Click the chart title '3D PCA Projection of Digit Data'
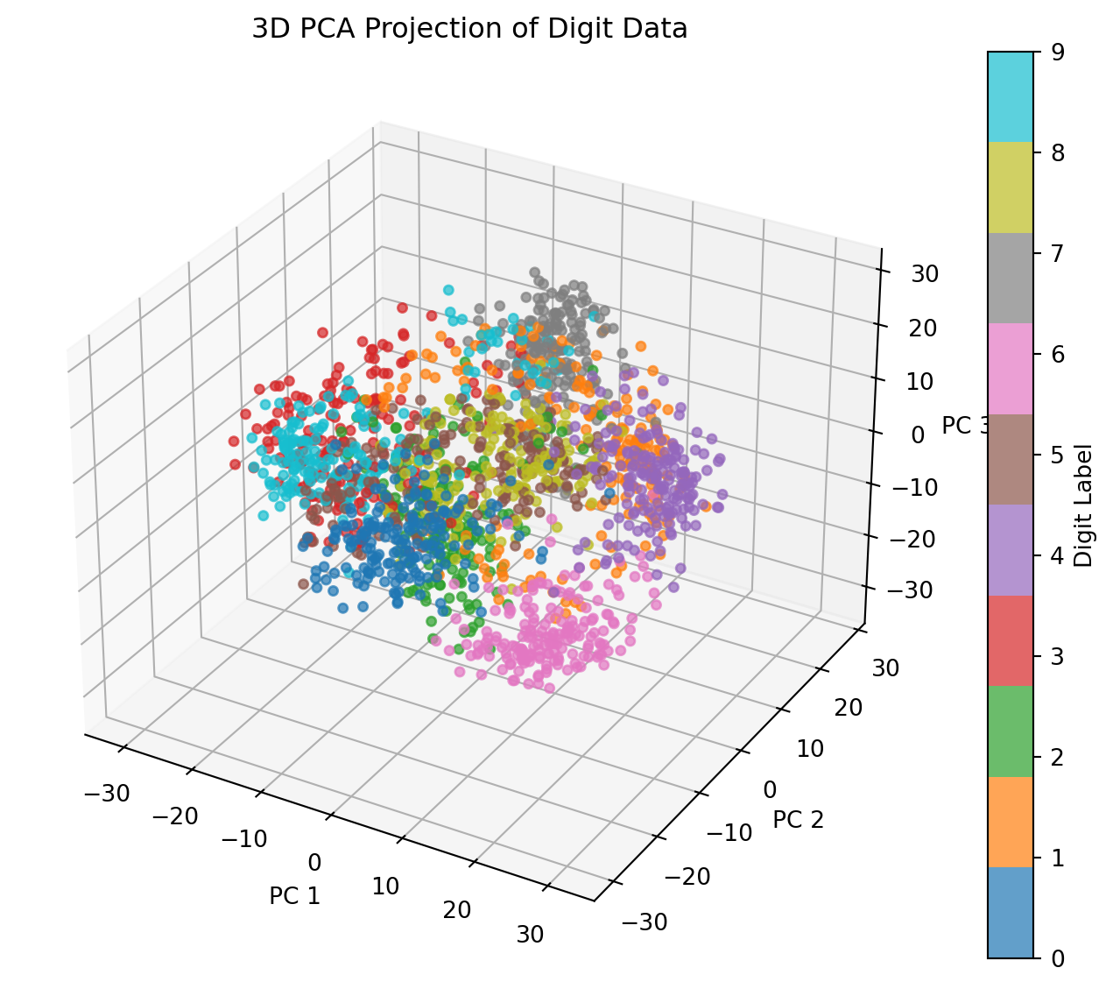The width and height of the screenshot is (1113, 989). [x=469, y=29]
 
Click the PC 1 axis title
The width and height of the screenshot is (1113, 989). [x=294, y=895]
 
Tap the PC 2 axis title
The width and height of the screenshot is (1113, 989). [x=799, y=819]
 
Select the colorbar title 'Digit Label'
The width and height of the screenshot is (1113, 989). [x=1083, y=505]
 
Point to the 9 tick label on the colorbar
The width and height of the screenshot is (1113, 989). [x=1058, y=53]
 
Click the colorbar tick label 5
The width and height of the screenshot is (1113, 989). [x=1058, y=455]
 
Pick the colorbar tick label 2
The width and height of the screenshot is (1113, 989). [x=1058, y=757]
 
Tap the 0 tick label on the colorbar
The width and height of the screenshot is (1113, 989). [x=1058, y=958]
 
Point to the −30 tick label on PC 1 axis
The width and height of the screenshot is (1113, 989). [x=107, y=794]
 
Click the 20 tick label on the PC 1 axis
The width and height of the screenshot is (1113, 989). [x=457, y=910]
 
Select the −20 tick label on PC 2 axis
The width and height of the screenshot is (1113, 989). [x=690, y=875]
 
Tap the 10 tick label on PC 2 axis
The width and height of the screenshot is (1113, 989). [x=810, y=748]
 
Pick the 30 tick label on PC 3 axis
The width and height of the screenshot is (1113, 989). [x=925, y=274]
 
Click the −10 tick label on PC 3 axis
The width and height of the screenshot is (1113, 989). [x=914, y=488]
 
